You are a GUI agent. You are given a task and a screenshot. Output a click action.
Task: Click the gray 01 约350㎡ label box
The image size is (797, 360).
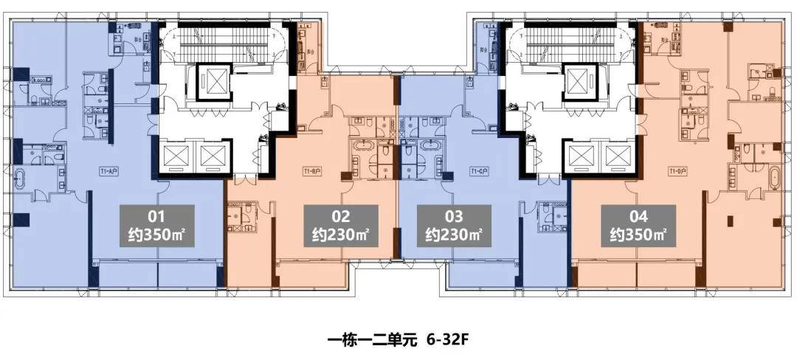point(157,227)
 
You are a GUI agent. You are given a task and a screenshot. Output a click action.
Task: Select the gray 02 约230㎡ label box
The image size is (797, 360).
point(341,227)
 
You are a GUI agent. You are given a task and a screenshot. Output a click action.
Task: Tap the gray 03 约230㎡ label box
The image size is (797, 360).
point(454,227)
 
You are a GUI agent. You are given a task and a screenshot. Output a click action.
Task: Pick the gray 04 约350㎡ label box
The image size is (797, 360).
point(638,227)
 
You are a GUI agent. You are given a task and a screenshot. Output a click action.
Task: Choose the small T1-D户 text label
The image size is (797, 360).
point(677,170)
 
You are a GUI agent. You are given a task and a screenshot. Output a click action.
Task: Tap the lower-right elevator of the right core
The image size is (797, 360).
point(618,155)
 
